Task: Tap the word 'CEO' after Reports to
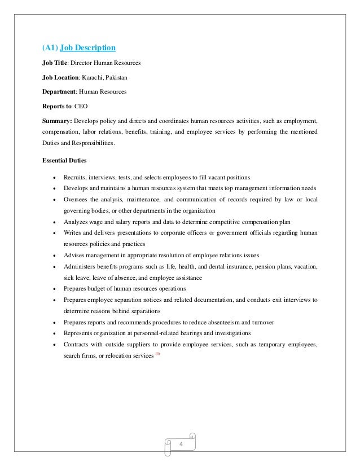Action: [81, 105]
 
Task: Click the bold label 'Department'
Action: [59, 91]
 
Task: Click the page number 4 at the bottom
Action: [182, 445]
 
